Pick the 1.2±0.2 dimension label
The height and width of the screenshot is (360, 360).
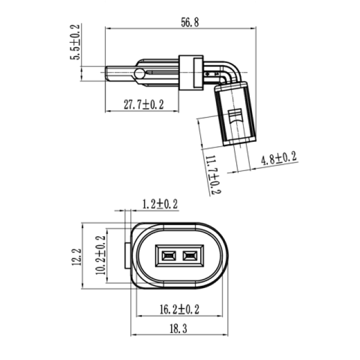[159, 204]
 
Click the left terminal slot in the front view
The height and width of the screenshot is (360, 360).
[166, 256]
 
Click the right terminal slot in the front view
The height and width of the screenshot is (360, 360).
[190, 256]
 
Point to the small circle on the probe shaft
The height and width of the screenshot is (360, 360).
[138, 74]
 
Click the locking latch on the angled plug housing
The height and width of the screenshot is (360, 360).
[236, 119]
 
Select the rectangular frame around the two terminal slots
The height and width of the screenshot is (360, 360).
[178, 256]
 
